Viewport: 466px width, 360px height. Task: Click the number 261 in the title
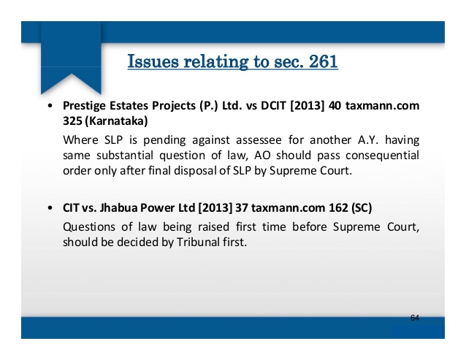pos(323,61)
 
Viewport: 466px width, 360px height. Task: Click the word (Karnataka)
pos(116,121)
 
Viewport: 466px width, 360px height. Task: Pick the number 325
pos(72,121)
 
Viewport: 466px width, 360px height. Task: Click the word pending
pos(164,140)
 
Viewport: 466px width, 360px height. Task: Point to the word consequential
pos(383,156)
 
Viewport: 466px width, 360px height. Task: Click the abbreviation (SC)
pos(362,207)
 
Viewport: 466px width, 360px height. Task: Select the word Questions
pos(89,227)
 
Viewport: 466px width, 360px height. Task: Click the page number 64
pos(415,318)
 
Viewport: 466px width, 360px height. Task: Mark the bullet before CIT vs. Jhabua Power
pos(50,207)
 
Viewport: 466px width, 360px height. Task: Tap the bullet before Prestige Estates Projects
pos(50,106)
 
